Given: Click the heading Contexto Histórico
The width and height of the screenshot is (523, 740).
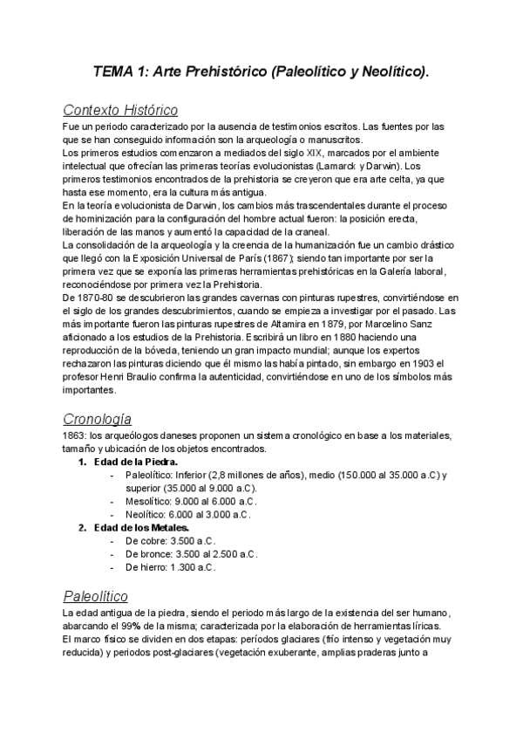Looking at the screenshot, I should click(120, 111).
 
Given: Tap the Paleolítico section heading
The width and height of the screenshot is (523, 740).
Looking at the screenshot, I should click(96, 596).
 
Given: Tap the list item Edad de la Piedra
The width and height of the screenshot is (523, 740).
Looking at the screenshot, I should click(135, 462).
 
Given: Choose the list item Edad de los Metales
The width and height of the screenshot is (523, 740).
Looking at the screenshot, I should click(141, 527).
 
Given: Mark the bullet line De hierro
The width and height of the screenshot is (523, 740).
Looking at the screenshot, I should click(170, 566).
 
